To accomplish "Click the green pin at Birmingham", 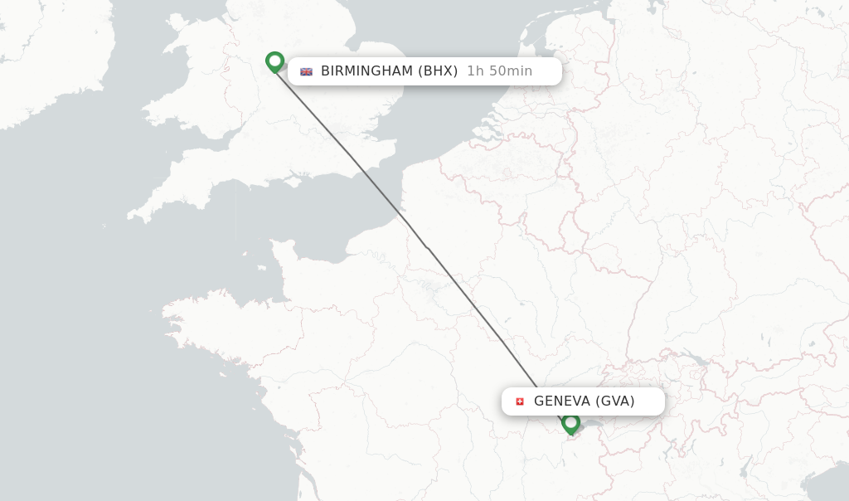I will (x=274, y=61).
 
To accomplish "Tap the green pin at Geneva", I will (x=570, y=423).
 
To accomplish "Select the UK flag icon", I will (x=306, y=71).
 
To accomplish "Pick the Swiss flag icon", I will (x=520, y=401).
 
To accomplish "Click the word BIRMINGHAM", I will (x=366, y=71).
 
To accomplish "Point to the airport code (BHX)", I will (x=438, y=71).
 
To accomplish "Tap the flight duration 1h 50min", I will (x=499, y=71).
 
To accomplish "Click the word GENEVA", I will (x=561, y=401).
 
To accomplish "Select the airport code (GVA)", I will (x=614, y=401).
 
